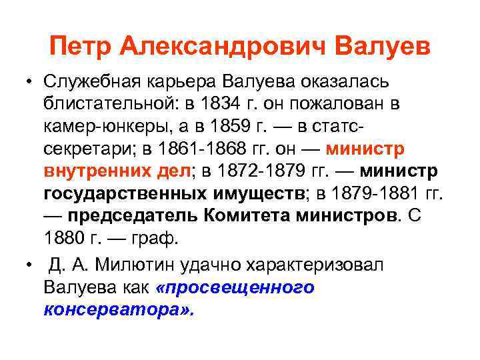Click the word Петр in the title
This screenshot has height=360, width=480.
(x=81, y=46)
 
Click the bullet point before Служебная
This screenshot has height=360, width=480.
(x=30, y=83)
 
